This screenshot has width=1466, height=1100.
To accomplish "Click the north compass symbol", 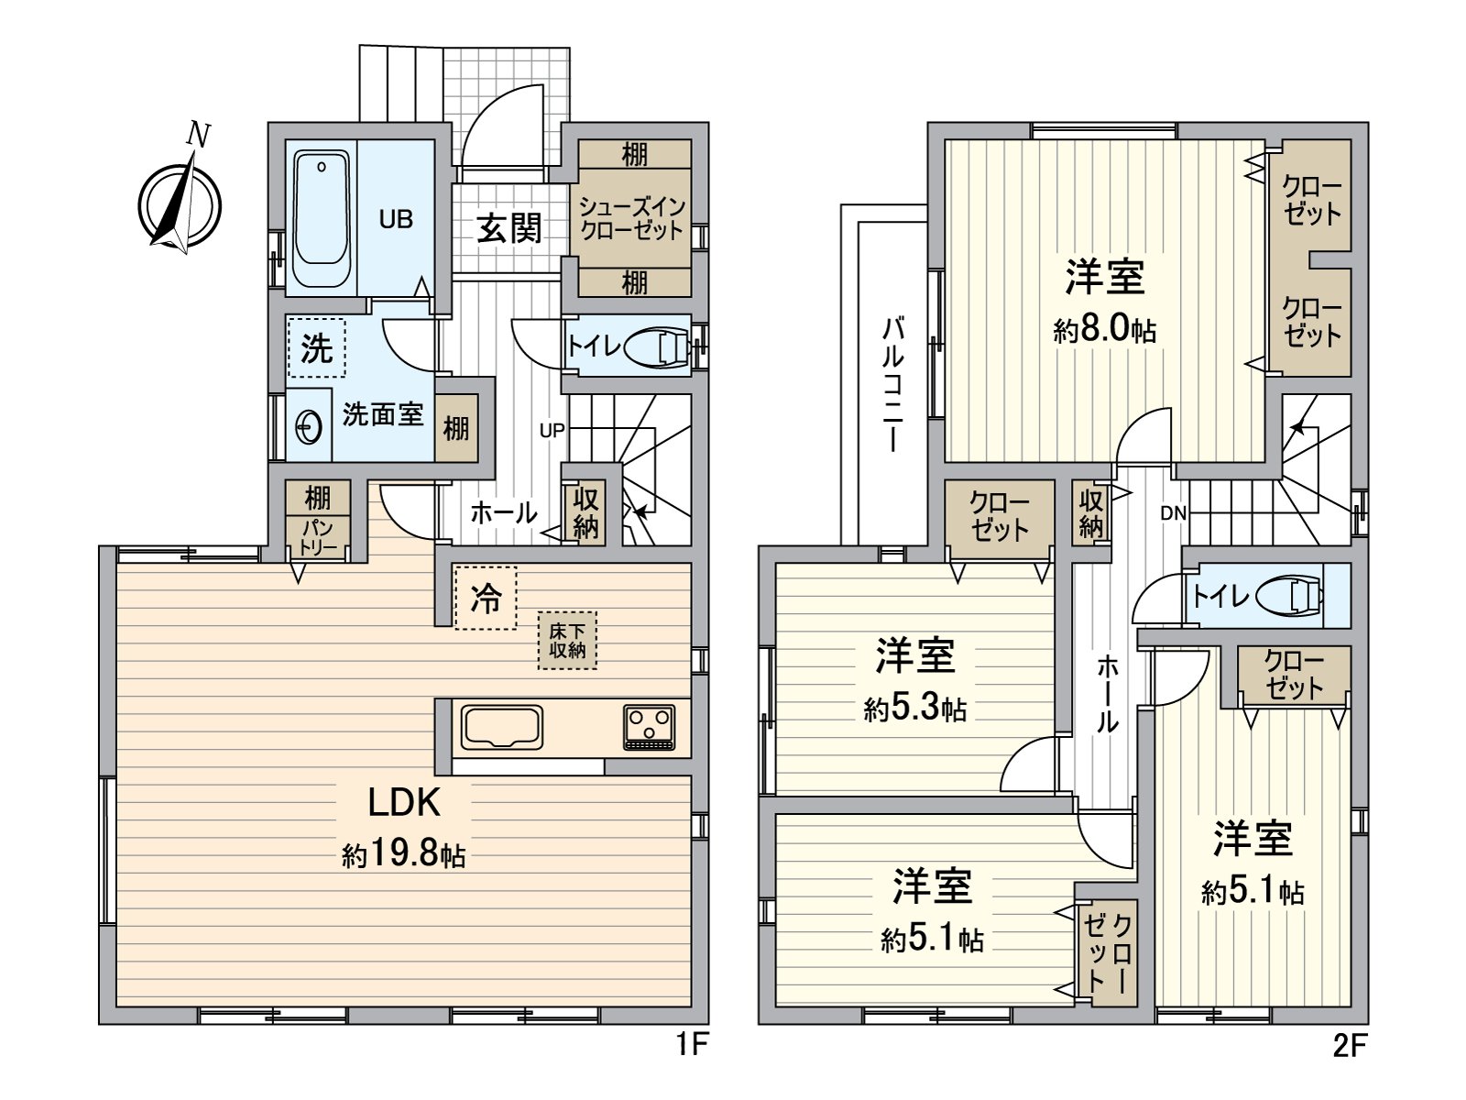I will click(x=181, y=203).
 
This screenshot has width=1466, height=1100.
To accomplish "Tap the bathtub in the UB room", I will click(x=322, y=219).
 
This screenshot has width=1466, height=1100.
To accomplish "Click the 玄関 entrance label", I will click(x=509, y=228).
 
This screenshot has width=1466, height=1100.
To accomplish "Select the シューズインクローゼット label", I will click(x=631, y=219).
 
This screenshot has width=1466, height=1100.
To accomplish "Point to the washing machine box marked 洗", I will click(x=316, y=348).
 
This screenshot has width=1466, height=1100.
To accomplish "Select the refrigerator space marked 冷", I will click(x=486, y=599).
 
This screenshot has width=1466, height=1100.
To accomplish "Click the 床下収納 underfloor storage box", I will click(x=567, y=641).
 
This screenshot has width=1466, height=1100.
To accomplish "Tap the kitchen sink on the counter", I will click(x=502, y=729).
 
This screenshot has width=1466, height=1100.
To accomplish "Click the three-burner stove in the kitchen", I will click(x=649, y=728).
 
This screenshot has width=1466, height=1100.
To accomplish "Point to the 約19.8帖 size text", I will click(x=404, y=855).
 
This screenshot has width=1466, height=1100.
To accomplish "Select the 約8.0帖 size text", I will click(x=1105, y=329).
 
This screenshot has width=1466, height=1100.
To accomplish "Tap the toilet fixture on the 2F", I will click(x=1293, y=597).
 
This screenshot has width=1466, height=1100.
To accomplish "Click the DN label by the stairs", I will click(x=1173, y=514).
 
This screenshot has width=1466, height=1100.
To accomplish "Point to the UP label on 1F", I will click(x=552, y=430).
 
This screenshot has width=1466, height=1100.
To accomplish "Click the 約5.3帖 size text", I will click(x=915, y=709).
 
